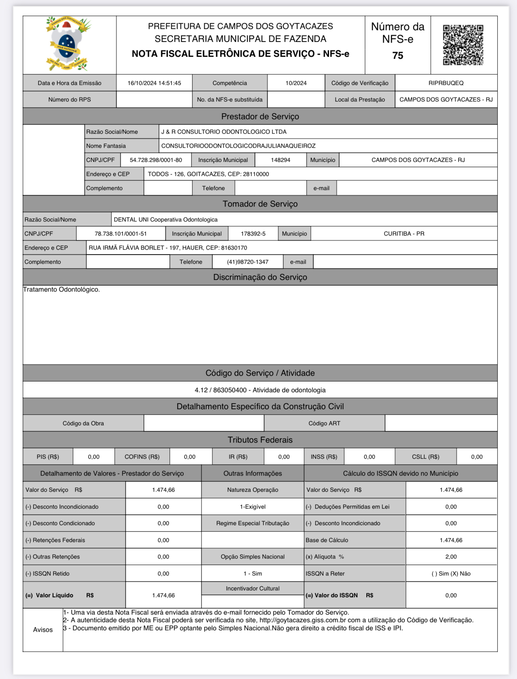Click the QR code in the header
pyautogui.click(x=463, y=45)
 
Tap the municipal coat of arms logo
pyautogui.click(x=68, y=44)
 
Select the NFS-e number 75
pyautogui.click(x=397, y=56)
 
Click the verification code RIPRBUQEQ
pyautogui.click(x=446, y=83)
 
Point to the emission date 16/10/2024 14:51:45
pyautogui.click(x=154, y=83)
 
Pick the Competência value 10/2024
pyautogui.click(x=296, y=83)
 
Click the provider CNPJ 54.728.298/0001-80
pyautogui.click(x=156, y=160)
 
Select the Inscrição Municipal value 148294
pyautogui.click(x=281, y=160)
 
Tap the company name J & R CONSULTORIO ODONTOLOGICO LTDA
pyautogui.click(x=224, y=132)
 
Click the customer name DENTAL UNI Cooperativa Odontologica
pyautogui.click(x=165, y=219)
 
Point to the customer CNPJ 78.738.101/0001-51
pyautogui.click(x=121, y=234)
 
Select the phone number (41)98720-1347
pyautogui.click(x=248, y=262)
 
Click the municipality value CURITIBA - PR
pyautogui.click(x=404, y=234)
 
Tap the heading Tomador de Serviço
pyautogui.click(x=260, y=204)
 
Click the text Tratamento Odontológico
pyautogui.click(x=61, y=290)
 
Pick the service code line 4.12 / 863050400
pyautogui.click(x=260, y=390)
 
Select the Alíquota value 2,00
pyautogui.click(x=451, y=557)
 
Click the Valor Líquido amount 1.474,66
pyautogui.click(x=163, y=595)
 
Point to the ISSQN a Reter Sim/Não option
pyautogui.click(x=451, y=573)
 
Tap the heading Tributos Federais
pyautogui.click(x=260, y=440)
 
